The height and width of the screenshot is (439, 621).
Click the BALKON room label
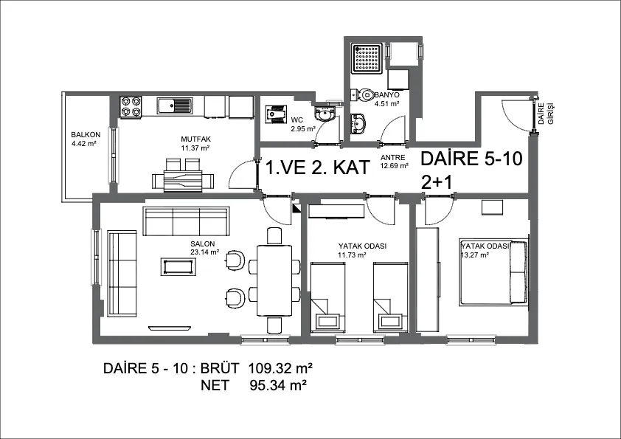click(86, 135)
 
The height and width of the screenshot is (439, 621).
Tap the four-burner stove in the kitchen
click(131, 107)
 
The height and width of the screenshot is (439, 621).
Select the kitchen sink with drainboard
click(175, 106)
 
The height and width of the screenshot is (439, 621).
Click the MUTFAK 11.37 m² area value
click(195, 148)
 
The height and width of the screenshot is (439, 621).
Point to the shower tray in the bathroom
click(369, 58)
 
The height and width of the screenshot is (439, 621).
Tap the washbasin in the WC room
click(325, 114)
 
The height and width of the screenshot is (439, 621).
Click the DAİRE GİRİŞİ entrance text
click(545, 114)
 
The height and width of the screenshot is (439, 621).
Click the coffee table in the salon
click(178, 266)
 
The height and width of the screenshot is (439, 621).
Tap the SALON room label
click(202, 244)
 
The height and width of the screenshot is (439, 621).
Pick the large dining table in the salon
click(274, 280)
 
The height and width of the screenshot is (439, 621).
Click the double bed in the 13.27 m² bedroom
click(493, 272)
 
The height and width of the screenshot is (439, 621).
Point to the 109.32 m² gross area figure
click(280, 368)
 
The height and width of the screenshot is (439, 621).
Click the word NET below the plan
click(215, 384)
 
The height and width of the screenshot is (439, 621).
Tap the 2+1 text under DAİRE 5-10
click(437, 183)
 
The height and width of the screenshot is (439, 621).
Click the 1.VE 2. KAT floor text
click(317, 167)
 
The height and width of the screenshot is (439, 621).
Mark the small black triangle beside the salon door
click(296, 207)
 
